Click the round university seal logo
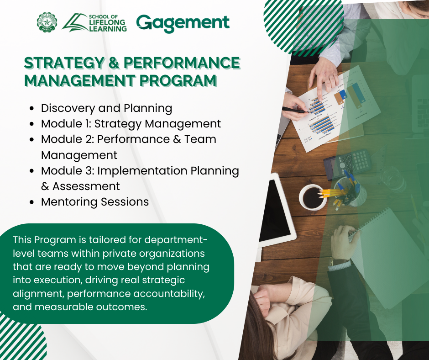pyautogui.click(x=47, y=22)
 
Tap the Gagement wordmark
pyautogui.click(x=183, y=23)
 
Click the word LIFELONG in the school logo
pyautogui.click(x=107, y=22)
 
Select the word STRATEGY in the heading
pyautogui.click(x=64, y=63)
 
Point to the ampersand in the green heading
pyautogui.click(x=114, y=63)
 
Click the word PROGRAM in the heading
pyautogui.click(x=178, y=80)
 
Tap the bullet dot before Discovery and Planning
pyautogui.click(x=32, y=108)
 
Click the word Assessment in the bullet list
pyautogui.click(x=86, y=186)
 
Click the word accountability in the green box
pyautogui.click(x=169, y=294)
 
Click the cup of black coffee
pyautogui.click(x=313, y=197)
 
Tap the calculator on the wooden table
pyautogui.click(x=347, y=163)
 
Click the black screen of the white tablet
pyautogui.click(x=273, y=210)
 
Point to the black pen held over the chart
pyautogui.click(x=295, y=110)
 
